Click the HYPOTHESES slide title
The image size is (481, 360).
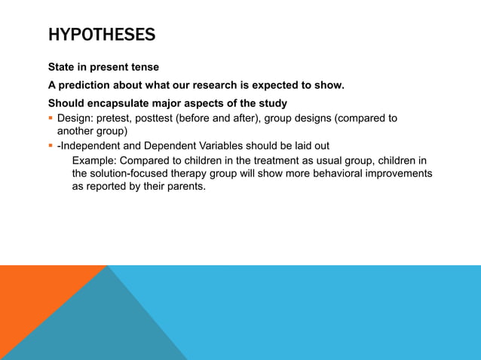[102, 35]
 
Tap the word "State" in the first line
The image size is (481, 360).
[63, 67]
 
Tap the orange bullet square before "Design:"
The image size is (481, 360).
[51, 118]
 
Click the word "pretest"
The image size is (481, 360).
[118, 118]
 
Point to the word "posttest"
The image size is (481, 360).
[162, 118]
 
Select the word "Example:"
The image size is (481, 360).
[96, 160]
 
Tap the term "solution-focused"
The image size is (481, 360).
[130, 173]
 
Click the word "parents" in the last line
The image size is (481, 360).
[184, 187]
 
